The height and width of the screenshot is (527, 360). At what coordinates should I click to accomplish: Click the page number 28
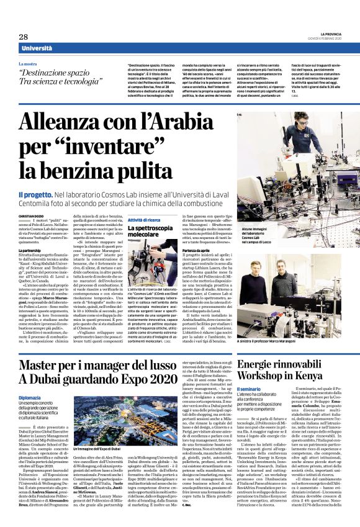click(23, 37)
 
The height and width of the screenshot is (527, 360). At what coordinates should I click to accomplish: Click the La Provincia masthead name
click(328, 34)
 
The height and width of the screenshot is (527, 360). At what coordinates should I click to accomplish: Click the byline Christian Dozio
click(31, 215)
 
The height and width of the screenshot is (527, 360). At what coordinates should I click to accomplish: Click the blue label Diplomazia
click(29, 380)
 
